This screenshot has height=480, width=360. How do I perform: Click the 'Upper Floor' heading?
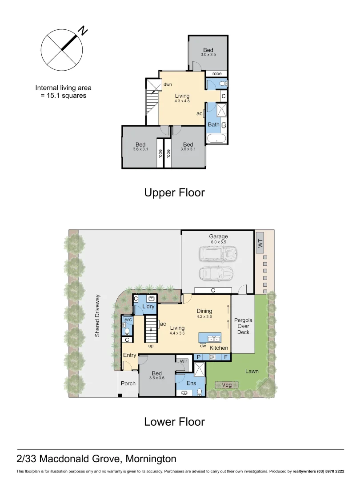pyautogui.click(x=174, y=192)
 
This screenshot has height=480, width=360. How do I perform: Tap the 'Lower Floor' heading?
pyautogui.click(x=174, y=421)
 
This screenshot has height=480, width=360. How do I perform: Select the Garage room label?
pyautogui.click(x=218, y=236)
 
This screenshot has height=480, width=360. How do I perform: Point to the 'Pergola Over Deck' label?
pyautogui.click(x=243, y=326)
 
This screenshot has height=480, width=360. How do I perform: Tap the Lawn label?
pyautogui.click(x=252, y=371)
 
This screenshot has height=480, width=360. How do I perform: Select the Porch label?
pyautogui.click(x=128, y=383)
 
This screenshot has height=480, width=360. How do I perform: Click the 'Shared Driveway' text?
pyautogui.click(x=97, y=315)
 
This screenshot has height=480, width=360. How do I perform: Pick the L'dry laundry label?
pyautogui.click(x=148, y=307)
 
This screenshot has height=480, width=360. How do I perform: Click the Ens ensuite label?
pyautogui.click(x=191, y=383)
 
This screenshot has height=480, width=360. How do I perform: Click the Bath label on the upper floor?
pyautogui.click(x=214, y=124)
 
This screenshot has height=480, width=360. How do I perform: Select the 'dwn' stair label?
pyautogui.click(x=168, y=84)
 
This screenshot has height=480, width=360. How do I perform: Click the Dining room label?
pyautogui.click(x=204, y=311)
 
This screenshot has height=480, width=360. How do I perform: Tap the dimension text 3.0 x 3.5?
pyautogui.click(x=208, y=55)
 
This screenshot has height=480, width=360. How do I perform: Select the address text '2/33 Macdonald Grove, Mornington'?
pyautogui.click(x=96, y=458)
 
